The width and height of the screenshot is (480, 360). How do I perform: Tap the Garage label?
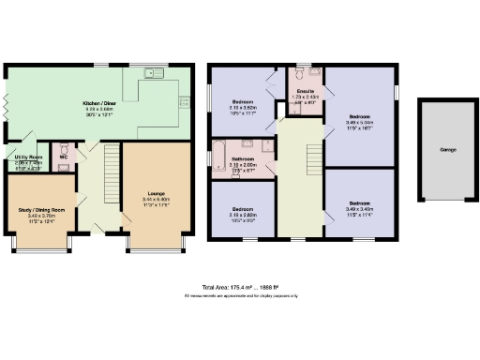coord(448,149)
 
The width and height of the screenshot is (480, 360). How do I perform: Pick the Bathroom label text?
coord(243,159)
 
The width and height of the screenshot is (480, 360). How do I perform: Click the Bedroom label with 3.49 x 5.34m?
coord(360,115)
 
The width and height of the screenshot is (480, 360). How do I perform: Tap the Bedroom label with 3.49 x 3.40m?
coord(360,203)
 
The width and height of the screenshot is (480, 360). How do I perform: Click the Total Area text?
coord(240,287)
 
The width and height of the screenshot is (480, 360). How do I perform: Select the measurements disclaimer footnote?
coord(240,296)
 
